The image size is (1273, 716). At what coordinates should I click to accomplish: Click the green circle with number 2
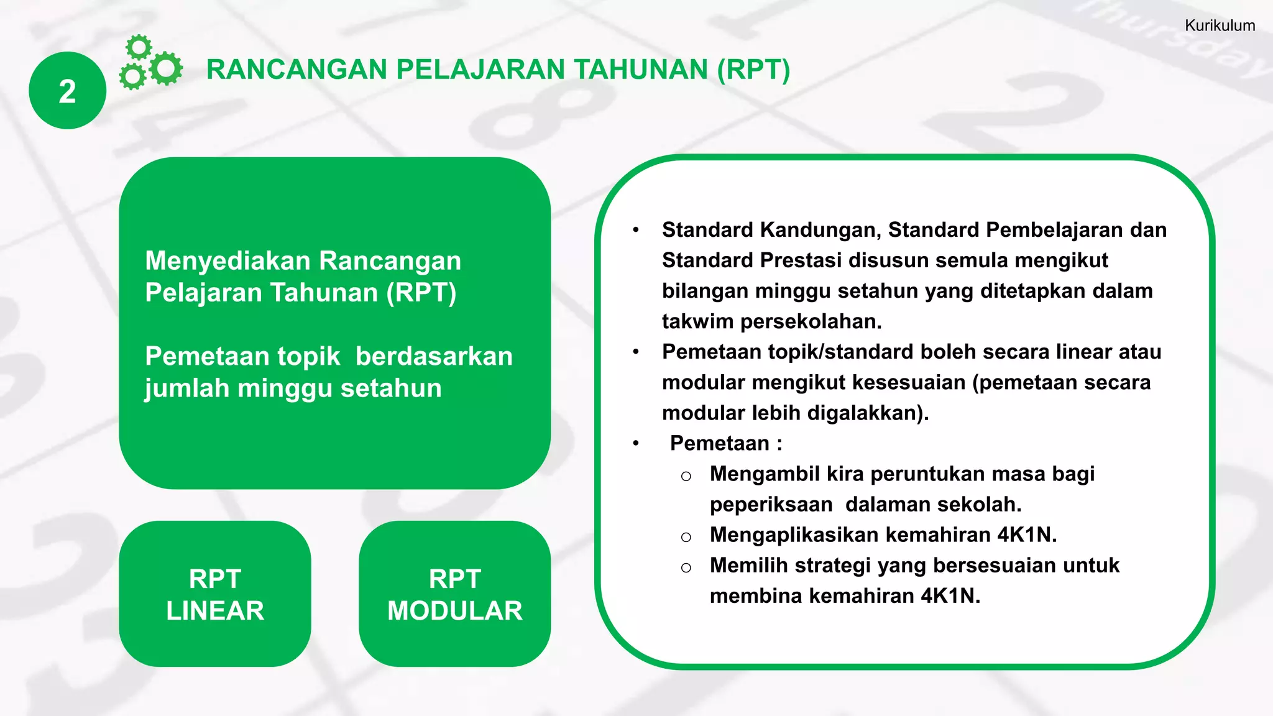[67, 91]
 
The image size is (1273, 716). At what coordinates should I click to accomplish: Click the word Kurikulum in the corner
[1220, 25]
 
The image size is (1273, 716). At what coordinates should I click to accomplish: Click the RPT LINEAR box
[215, 594]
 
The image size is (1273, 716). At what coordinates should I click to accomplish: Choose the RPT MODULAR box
[454, 594]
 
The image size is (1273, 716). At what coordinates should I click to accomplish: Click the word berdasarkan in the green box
[434, 357]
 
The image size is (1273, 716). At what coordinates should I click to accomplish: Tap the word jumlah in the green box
[187, 388]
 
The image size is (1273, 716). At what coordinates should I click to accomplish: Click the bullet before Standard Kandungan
[636, 231]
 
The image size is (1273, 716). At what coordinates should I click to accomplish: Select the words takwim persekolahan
[771, 321]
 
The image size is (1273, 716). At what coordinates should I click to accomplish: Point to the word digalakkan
[868, 413]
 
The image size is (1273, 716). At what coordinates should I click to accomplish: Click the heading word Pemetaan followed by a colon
[719, 443]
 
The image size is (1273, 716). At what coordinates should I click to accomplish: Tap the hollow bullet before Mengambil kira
[686, 476]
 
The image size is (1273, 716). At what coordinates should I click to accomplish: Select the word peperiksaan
[771, 504]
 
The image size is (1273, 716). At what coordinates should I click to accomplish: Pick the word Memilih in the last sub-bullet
[749, 565]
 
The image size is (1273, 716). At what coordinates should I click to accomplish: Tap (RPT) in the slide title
[753, 70]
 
